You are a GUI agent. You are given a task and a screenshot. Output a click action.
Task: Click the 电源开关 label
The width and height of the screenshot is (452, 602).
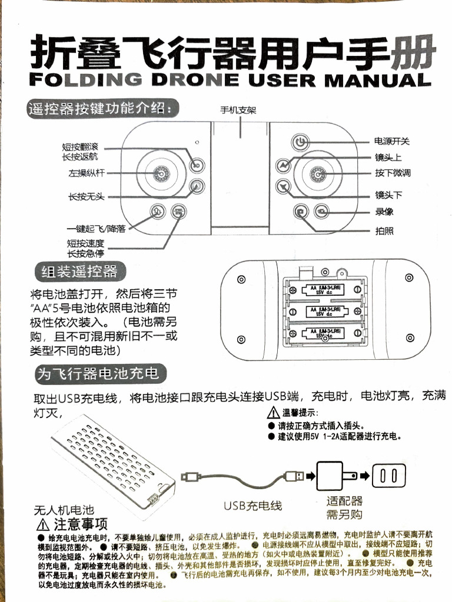(x=392, y=141)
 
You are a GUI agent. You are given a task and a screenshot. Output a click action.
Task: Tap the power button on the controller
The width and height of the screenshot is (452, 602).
(x=300, y=142)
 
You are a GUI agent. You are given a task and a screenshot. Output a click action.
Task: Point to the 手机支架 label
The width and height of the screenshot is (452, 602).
(x=238, y=110)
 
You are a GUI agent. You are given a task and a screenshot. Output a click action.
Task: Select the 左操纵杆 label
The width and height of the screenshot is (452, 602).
(x=87, y=173)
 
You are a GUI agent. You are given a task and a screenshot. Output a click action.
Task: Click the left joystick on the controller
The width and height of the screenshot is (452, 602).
(x=159, y=173)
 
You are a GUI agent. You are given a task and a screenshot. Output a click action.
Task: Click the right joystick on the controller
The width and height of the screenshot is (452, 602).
(x=318, y=173)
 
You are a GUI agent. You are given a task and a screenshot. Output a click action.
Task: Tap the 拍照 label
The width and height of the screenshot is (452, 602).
(x=384, y=231)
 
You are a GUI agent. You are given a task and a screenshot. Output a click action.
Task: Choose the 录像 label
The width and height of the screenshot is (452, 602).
(x=384, y=212)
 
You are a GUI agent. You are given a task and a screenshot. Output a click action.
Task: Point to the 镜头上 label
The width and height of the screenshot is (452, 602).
(x=388, y=158)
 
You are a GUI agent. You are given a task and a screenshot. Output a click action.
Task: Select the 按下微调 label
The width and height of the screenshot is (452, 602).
(x=393, y=173)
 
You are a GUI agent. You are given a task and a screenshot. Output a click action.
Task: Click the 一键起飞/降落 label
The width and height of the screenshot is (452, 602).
(x=96, y=229)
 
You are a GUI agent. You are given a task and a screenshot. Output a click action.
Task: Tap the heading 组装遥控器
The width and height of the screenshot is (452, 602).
(x=78, y=271)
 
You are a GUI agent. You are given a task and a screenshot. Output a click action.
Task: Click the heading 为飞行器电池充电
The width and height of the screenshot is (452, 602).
(x=98, y=373)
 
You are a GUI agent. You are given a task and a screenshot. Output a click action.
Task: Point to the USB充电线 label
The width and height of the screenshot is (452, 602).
(x=253, y=506)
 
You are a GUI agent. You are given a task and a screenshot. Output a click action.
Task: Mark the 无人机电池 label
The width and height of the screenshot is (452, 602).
(x=64, y=510)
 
